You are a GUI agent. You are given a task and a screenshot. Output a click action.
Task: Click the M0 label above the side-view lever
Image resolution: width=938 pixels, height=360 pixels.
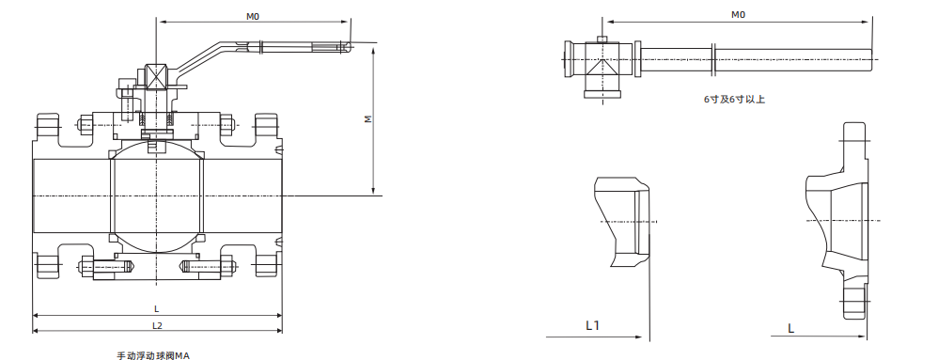253,16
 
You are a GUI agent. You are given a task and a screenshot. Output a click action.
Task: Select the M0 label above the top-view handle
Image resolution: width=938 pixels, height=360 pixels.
738,15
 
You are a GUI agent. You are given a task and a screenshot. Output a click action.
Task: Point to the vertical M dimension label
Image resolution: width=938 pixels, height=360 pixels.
369,119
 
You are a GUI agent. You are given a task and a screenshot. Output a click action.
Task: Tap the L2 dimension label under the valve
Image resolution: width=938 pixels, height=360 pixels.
157,326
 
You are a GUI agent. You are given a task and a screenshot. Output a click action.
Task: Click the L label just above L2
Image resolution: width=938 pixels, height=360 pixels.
157,308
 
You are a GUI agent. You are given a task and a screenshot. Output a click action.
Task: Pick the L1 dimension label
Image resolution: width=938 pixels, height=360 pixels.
592,325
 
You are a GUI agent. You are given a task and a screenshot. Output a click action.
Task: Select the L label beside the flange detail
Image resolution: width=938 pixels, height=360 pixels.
790,328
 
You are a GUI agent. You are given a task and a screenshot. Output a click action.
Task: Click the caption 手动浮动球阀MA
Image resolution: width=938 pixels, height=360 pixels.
153,355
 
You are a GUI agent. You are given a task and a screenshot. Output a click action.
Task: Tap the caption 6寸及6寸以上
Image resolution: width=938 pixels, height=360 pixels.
734,100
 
